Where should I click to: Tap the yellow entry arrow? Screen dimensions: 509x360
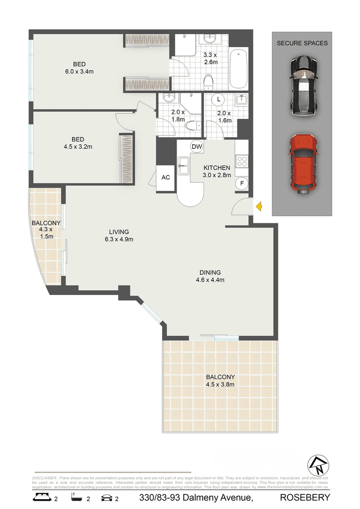point(259,205)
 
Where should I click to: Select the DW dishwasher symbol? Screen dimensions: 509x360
point(196,147)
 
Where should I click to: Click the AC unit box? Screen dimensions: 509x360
point(165,178)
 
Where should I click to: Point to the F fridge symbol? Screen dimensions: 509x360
point(242,183)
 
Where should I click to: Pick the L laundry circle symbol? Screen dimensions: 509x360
point(218,100)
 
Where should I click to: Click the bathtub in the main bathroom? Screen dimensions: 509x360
point(239,69)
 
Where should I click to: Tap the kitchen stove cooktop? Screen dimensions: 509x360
point(242,162)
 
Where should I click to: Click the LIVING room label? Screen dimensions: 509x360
point(119,232)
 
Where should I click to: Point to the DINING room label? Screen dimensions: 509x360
point(210,272)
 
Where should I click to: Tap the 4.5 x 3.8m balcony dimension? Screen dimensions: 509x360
point(221,384)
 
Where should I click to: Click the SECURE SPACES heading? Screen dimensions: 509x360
point(302,43)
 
